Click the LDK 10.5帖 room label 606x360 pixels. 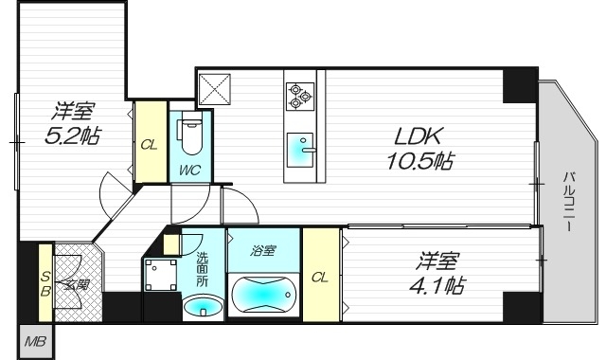[419, 147]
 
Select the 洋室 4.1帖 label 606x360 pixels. [438, 271]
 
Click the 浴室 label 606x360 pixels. [262, 251]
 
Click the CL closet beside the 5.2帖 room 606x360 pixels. [149, 144]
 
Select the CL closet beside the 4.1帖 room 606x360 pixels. [321, 277]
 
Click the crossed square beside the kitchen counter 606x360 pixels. [214, 88]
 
